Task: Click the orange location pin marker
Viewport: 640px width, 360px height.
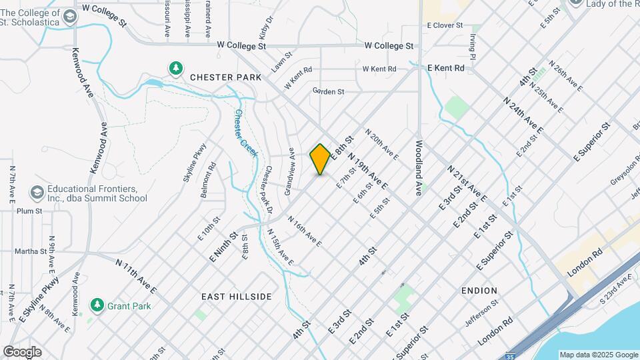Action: tap(320, 159)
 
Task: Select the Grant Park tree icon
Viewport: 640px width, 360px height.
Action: tap(97, 305)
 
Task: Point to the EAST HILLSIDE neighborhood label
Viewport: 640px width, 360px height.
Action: tap(237, 296)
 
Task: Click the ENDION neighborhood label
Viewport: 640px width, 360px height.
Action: tap(479, 291)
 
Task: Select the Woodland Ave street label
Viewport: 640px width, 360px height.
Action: tap(419, 167)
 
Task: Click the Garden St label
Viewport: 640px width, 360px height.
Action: tap(328, 91)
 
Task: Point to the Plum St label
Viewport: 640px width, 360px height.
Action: tap(29, 211)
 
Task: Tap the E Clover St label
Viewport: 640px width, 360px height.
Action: tap(445, 25)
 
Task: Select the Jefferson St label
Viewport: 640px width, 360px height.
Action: tap(481, 313)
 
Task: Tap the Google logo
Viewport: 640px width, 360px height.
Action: tap(22, 352)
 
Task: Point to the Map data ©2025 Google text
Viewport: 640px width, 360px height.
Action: tap(599, 355)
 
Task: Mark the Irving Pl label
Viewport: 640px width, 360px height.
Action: tap(473, 47)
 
